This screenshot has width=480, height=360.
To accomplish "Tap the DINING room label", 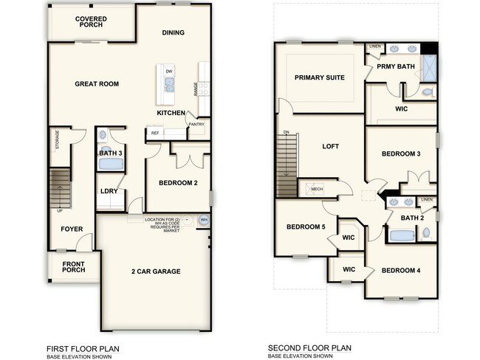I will point(173,32).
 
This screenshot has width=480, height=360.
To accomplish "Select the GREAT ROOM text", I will point(97,84).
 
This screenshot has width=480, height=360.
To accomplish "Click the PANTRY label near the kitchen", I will point(196,125).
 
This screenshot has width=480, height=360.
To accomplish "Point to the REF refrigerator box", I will point(155,133).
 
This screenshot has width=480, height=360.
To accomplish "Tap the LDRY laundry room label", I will point(109,191).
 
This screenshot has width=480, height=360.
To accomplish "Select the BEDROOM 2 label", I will point(178,183).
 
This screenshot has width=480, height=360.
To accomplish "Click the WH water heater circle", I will point(204,220).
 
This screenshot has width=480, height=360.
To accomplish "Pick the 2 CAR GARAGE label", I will point(156,271).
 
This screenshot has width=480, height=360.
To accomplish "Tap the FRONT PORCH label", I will point(72,266).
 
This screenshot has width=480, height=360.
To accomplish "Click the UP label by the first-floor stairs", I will point(59,211).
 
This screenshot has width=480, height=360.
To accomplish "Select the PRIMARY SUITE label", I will point(319,77).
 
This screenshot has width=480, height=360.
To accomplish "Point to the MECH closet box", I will point(317,189).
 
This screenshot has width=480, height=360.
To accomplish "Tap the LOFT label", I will point(331,146).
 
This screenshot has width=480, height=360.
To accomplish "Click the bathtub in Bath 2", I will point(402,235).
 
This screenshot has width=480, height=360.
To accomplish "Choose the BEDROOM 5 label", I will point(305,226).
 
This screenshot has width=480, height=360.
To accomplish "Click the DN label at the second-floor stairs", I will point(286,132).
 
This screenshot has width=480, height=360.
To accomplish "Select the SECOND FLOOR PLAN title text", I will point(309,348).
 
